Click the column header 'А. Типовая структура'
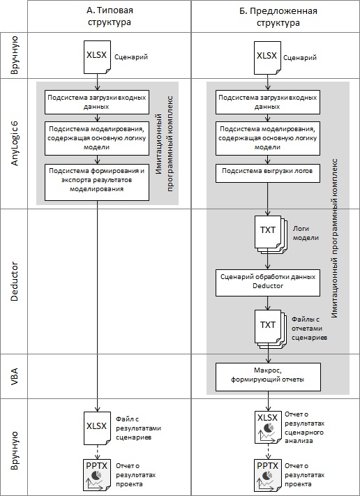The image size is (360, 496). pyautogui.click(x=110, y=16)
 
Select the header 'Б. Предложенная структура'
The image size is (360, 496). pyautogui.click(x=278, y=17)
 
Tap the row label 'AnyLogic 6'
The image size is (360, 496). pyautogui.click(x=15, y=143)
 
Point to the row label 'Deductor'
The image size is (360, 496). pyautogui.click(x=15, y=281)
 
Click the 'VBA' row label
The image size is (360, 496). pyautogui.click(x=15, y=376)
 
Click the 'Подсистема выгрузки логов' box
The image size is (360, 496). pyautogui.click(x=268, y=173)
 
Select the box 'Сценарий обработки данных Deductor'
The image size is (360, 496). pyautogui.click(x=268, y=283)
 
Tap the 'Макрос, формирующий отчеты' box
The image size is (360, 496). pyautogui.click(x=268, y=377)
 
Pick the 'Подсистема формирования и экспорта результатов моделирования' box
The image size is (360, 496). pyautogui.click(x=97, y=182)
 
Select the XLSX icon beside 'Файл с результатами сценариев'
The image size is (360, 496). pyautogui.click(x=97, y=428)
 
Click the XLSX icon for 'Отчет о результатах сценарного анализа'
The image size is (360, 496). pyautogui.click(x=268, y=427)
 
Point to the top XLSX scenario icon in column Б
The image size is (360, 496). pyautogui.click(x=268, y=58)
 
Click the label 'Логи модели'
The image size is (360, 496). pyautogui.click(x=306, y=233)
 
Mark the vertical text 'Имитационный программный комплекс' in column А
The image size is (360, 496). pyautogui.click(x=165, y=144)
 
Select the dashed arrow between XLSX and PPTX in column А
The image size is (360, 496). pyautogui.click(x=97, y=452)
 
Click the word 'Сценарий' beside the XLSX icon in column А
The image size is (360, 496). pyautogui.click(x=131, y=57)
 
